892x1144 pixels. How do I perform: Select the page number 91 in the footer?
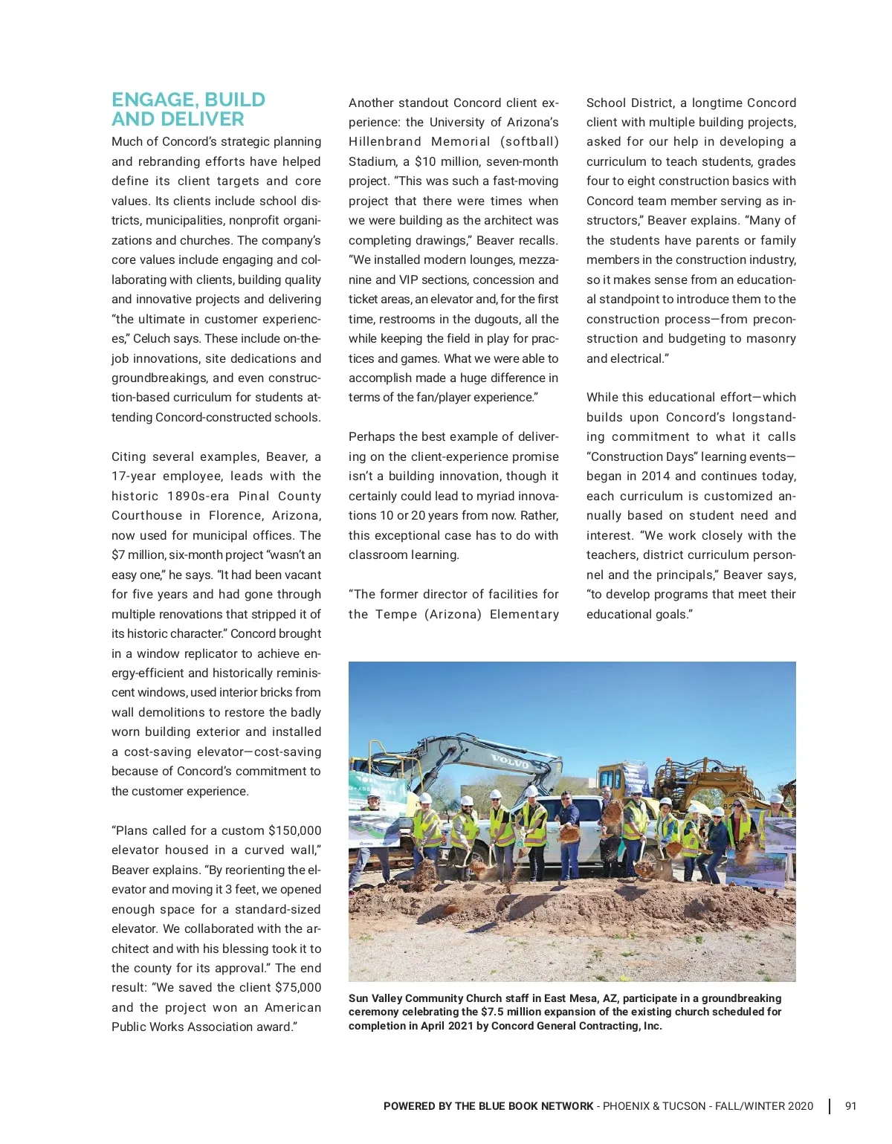850,1106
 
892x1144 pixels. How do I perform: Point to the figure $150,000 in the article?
295,830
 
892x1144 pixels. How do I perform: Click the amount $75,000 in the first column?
298,987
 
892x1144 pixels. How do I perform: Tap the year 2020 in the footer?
800,1106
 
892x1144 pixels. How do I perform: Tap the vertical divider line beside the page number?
830,1106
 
